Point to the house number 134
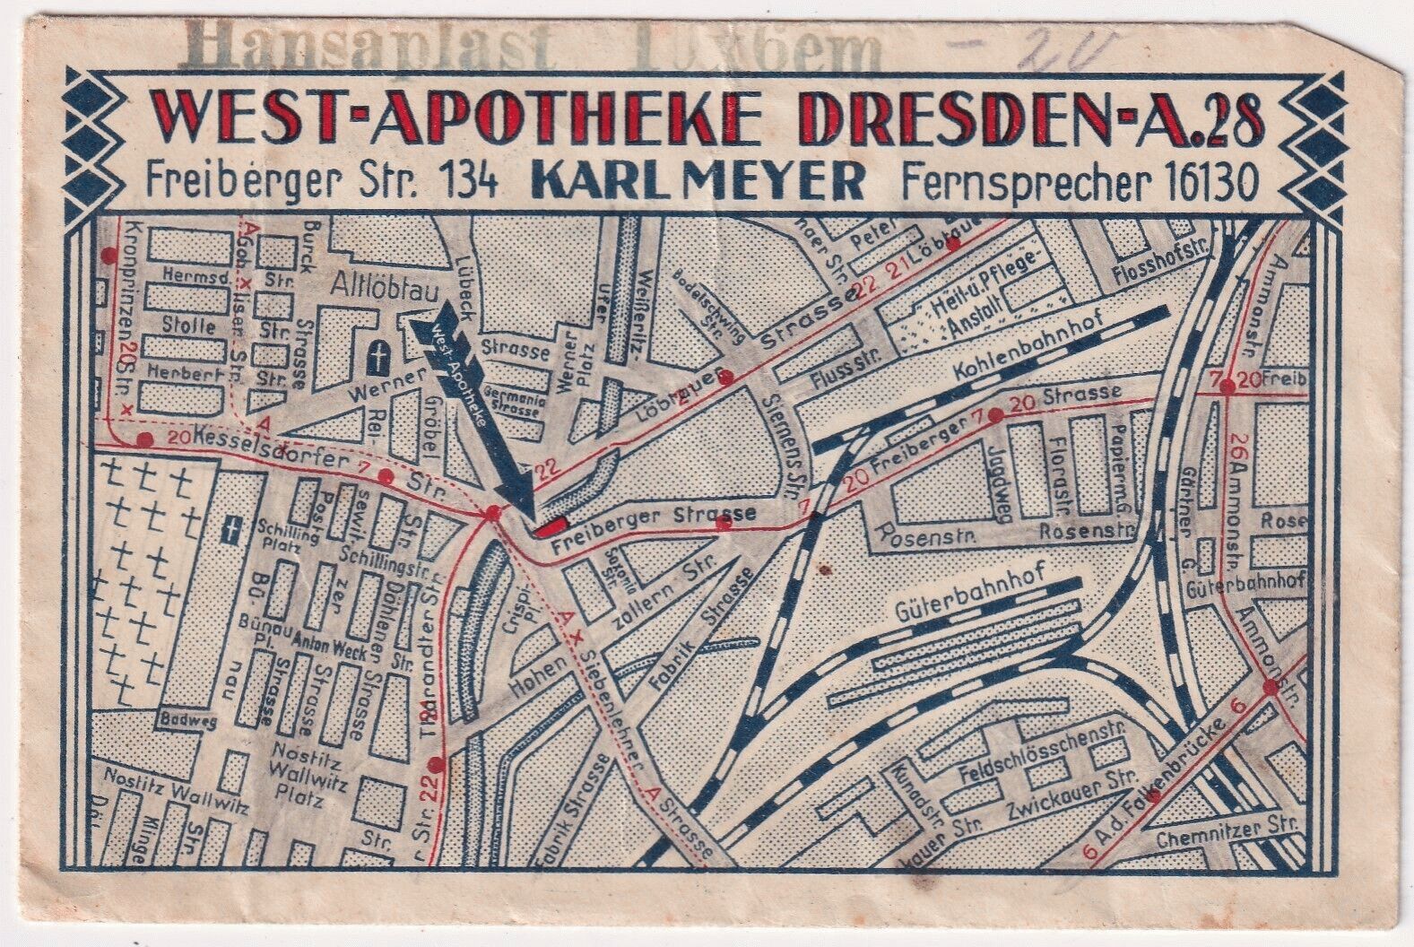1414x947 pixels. (466, 184)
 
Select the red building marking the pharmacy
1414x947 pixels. (551, 526)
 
